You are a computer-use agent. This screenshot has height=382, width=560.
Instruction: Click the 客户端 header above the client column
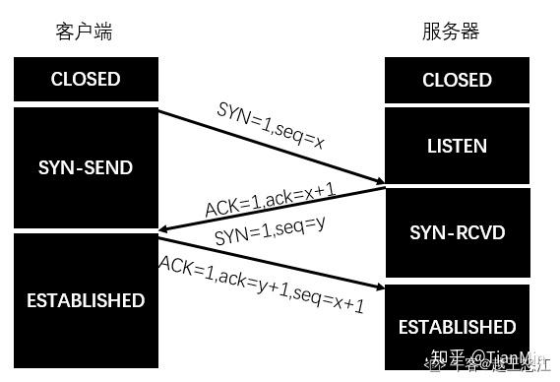84,32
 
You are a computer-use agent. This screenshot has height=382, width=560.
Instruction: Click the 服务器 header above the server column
451,32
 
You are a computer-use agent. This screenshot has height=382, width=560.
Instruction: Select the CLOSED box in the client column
86,79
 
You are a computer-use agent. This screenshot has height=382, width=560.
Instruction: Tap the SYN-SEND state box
86,167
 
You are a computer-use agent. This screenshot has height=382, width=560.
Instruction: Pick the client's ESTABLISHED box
86,300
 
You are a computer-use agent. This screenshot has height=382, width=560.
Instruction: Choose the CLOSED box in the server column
457,80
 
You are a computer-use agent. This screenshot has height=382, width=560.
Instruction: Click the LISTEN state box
457,146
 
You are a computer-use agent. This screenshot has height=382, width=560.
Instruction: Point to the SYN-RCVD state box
457,232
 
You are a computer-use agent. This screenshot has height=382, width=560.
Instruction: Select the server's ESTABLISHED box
457,326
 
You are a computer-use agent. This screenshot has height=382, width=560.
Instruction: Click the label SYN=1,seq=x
271,125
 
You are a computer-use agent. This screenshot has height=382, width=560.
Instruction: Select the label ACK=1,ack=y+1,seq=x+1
262,285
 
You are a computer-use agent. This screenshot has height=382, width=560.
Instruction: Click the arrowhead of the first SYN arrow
379,180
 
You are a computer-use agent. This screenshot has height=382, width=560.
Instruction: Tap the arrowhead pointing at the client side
165,230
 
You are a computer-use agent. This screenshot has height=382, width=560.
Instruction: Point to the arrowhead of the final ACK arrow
378,286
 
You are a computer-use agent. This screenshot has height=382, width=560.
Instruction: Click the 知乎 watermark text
445,359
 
